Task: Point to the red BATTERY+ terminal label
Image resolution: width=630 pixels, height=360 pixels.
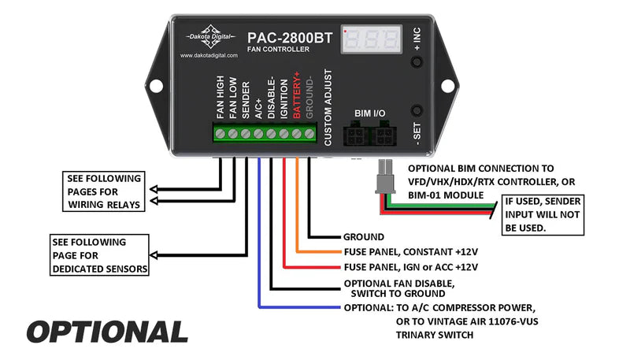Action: tap(297, 95)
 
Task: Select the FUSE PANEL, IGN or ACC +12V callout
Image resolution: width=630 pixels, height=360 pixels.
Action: tap(410, 267)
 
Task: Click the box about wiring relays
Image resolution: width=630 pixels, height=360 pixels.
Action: tap(103, 191)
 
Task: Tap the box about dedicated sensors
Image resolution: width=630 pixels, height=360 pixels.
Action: tap(98, 256)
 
